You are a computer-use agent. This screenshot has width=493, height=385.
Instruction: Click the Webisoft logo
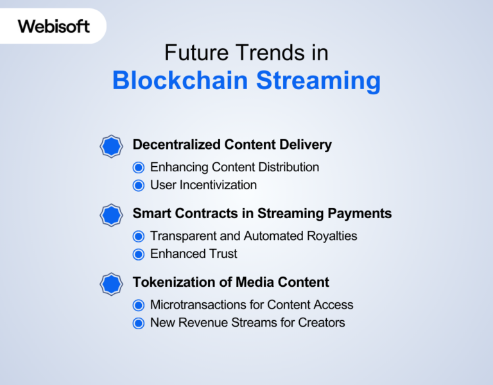click(53, 26)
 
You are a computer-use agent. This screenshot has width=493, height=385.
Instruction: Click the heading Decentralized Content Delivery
click(232, 144)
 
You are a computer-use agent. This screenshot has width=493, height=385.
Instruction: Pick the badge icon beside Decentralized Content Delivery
click(112, 146)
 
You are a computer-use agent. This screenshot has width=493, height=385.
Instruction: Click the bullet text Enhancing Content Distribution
click(234, 167)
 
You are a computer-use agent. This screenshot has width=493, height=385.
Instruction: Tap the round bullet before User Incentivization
click(138, 185)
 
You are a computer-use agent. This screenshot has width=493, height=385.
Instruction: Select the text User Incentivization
click(203, 185)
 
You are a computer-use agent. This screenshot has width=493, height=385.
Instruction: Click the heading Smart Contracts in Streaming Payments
click(262, 213)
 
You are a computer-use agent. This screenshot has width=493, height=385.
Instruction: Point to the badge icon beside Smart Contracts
click(112, 214)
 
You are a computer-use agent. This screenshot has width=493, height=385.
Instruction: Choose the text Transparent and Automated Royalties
click(254, 235)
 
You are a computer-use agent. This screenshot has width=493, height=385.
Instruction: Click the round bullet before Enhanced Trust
click(138, 254)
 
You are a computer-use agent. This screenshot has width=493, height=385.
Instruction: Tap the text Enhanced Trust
click(193, 253)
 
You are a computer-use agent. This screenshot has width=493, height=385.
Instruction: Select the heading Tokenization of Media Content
click(230, 282)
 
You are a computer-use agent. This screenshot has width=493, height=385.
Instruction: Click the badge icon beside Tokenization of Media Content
click(112, 283)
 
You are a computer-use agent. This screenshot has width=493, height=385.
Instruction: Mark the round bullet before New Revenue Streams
click(138, 323)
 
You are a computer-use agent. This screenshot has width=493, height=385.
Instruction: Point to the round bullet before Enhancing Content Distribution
click(138, 167)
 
